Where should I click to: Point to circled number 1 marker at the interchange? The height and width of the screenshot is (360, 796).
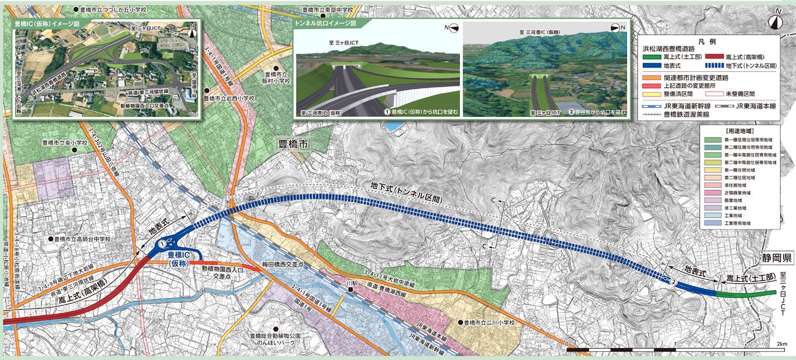(162, 244)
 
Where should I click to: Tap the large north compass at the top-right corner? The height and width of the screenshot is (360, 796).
(775, 21)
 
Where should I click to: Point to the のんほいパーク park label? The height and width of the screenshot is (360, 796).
(272, 342)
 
